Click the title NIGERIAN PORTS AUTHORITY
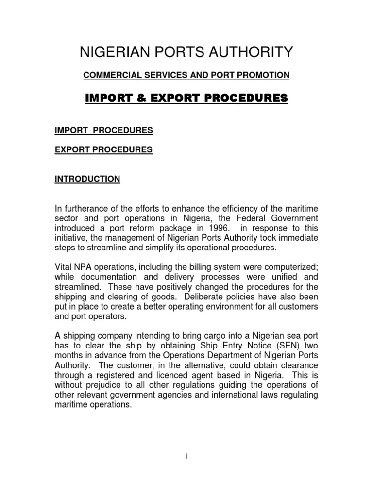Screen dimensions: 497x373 [186, 51]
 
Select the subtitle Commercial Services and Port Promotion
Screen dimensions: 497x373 [186, 75]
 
